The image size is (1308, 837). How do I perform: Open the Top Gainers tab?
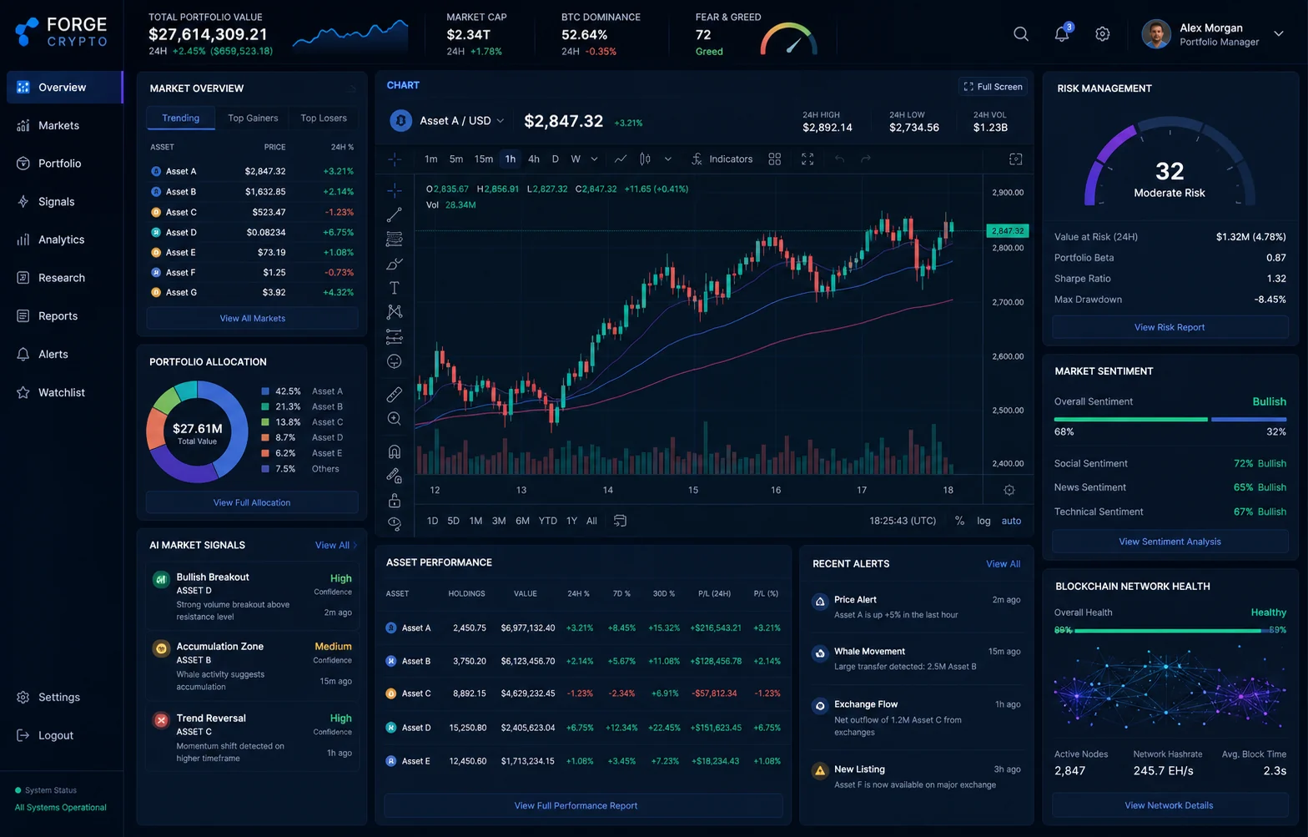pos(253,118)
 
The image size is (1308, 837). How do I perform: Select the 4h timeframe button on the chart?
pos(534,159)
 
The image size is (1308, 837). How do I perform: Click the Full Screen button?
pos(993,87)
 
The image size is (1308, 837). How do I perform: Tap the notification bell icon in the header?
pos(1062,34)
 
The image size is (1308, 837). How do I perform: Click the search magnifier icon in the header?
pos(1021,34)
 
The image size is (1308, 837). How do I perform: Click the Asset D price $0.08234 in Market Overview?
pos(265,233)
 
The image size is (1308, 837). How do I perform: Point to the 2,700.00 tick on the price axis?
pos(1008,302)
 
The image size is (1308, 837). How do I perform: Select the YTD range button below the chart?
pos(547,521)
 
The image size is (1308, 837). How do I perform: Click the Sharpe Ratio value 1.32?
pos(1276,279)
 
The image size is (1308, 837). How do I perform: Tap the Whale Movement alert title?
pos(869,651)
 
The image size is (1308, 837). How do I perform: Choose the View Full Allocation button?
pos(252,502)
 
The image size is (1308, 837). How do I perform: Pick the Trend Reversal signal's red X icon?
pos(161,719)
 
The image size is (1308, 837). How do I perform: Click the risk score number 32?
pos(1170,171)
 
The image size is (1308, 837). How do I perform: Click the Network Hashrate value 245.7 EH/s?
pos(1163,770)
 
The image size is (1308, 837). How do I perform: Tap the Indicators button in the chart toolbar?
pos(722,159)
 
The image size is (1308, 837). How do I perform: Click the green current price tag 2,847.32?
pos(1008,230)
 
